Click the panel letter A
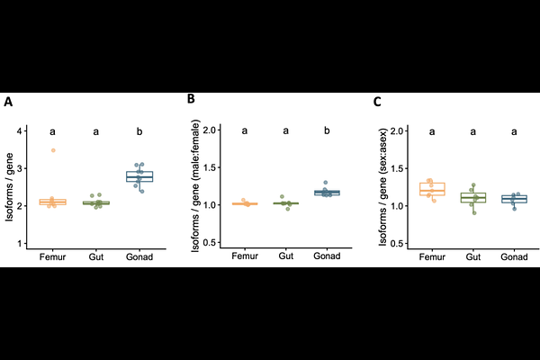coord(8,102)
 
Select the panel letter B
coord(191,98)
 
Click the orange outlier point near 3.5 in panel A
coord(53,150)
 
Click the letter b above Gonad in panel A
coord(139,131)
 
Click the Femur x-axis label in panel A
coord(53,257)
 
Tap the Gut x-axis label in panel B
coord(286,257)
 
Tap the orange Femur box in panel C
coord(433,189)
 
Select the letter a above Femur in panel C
coord(433,131)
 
